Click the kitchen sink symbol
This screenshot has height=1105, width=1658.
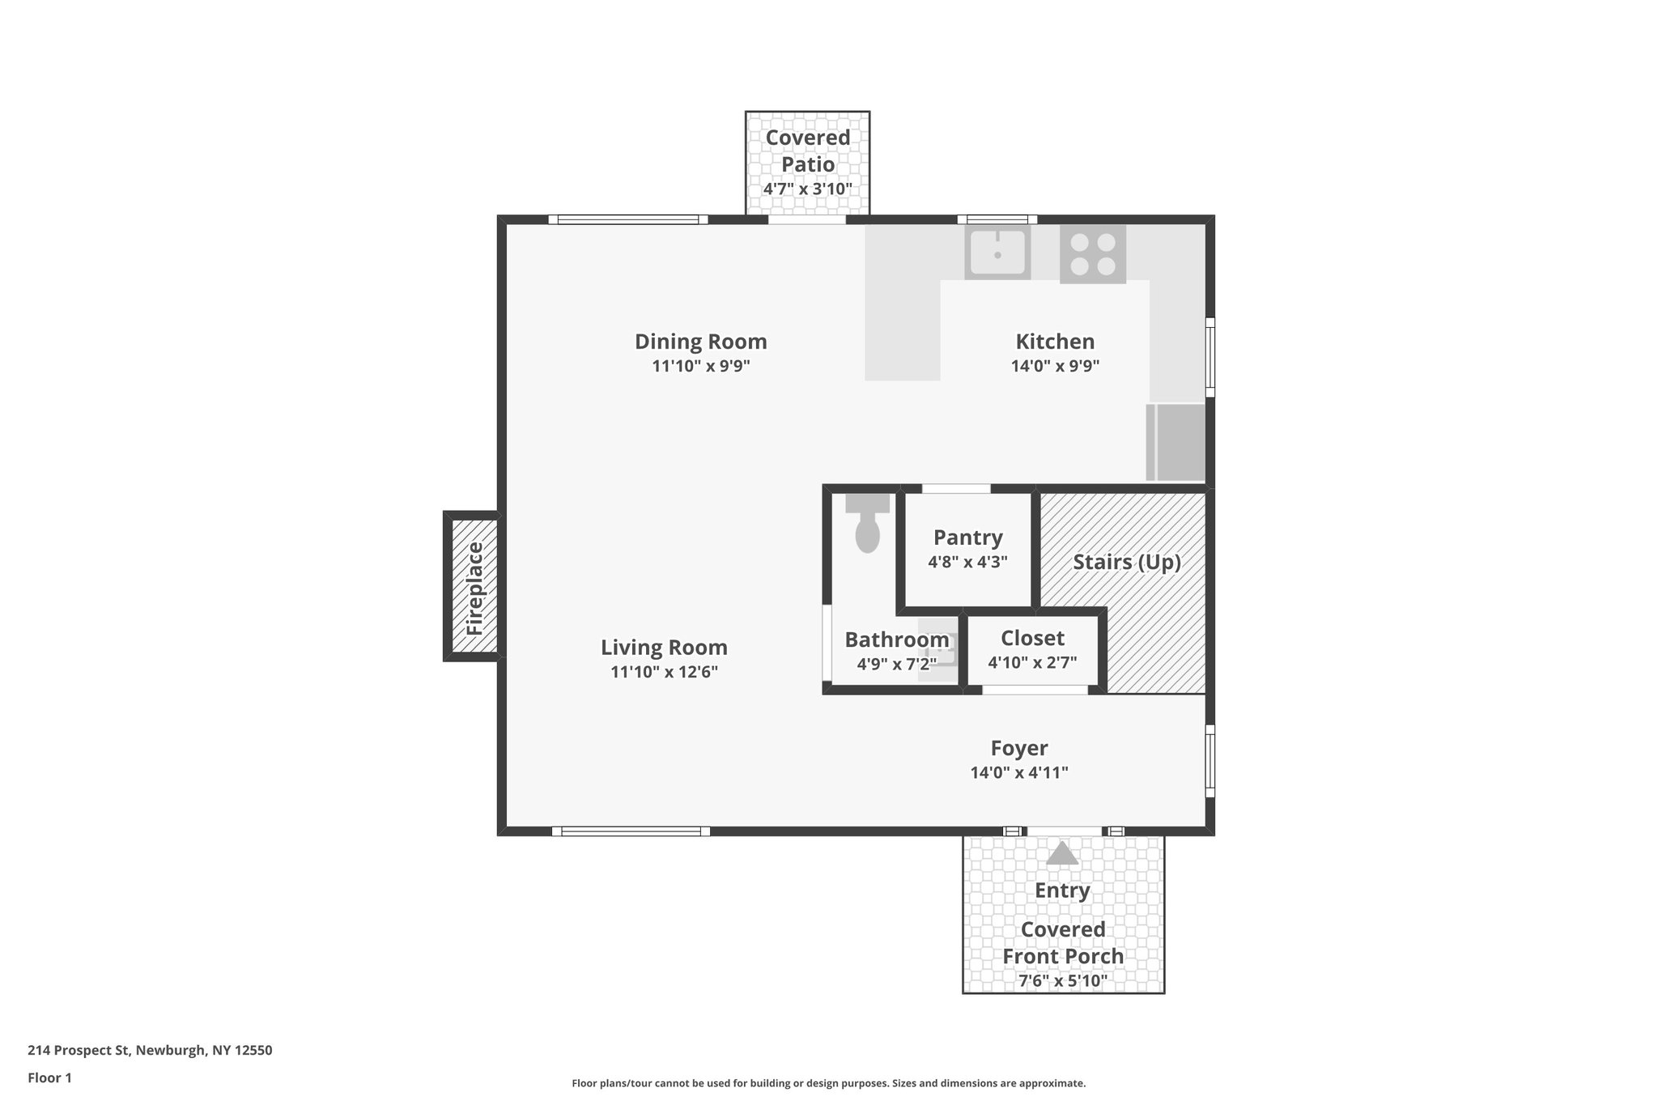pyautogui.click(x=997, y=253)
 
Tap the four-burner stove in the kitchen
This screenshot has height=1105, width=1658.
pyautogui.click(x=1092, y=254)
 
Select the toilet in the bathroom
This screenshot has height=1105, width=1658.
pyautogui.click(x=867, y=527)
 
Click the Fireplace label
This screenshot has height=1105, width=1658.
pyautogui.click(x=474, y=589)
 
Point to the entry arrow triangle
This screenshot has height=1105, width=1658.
pyautogui.click(x=1062, y=854)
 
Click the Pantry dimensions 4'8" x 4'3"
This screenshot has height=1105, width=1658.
pyautogui.click(x=967, y=562)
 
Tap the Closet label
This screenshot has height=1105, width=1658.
pyautogui.click(x=1032, y=638)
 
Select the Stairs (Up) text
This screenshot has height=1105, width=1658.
pyautogui.click(x=1126, y=562)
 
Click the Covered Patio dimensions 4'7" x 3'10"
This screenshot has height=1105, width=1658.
pyautogui.click(x=807, y=189)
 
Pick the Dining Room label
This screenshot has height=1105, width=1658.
pyautogui.click(x=700, y=342)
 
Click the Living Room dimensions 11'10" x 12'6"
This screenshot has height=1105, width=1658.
pyautogui.click(x=664, y=672)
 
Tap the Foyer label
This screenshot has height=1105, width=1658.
pyautogui.click(x=1019, y=748)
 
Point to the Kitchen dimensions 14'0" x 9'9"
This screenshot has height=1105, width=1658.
pyautogui.click(x=1055, y=366)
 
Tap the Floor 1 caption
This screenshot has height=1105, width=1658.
pyautogui.click(x=49, y=1077)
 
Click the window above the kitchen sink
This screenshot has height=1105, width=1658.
pyautogui.click(x=997, y=219)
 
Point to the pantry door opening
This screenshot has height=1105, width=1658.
pyautogui.click(x=956, y=488)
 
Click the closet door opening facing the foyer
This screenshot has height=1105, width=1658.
pyautogui.click(x=1035, y=690)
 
